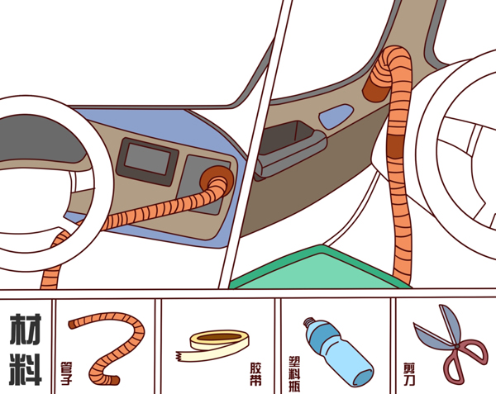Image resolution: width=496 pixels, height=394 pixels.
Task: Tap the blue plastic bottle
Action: [x=338, y=352]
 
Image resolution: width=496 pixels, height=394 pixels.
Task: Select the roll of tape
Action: [x=212, y=345]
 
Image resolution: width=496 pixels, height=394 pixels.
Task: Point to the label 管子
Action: [x=66, y=373]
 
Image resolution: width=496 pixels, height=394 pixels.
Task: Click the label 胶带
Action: [x=255, y=374]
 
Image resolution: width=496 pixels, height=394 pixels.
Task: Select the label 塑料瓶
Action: [x=294, y=374]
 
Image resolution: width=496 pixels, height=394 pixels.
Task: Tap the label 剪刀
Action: [x=408, y=374]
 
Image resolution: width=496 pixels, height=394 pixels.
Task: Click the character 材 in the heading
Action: [x=26, y=329]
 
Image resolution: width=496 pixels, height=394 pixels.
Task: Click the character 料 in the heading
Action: [x=26, y=370]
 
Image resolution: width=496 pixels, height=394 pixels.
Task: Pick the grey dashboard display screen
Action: [x=147, y=160]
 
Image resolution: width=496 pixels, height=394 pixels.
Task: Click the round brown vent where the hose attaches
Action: [x=217, y=180]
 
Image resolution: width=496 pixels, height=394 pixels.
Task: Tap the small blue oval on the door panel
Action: [x=336, y=116]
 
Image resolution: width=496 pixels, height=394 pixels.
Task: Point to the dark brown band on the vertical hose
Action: [x=395, y=146]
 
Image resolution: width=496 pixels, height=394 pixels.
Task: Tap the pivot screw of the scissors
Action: [x=457, y=346]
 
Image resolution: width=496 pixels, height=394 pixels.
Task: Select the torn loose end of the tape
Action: [x=181, y=356]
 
